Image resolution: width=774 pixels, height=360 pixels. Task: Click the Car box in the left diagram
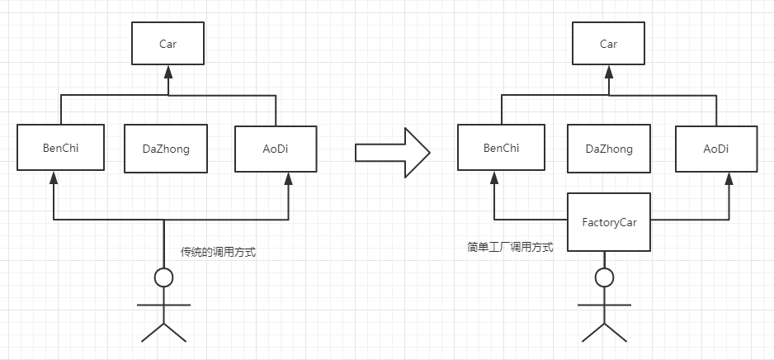(168, 44)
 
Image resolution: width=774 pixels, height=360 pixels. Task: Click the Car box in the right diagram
(608, 44)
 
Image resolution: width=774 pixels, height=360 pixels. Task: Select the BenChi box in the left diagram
(62, 149)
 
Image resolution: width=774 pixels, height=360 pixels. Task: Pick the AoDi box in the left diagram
(276, 149)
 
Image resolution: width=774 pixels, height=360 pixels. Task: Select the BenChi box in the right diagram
(502, 149)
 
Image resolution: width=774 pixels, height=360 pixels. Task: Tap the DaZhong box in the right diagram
(609, 149)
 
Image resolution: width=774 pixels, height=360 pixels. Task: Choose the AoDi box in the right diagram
(716, 149)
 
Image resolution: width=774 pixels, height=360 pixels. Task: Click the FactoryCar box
(608, 220)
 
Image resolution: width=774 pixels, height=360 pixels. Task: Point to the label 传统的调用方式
(218, 253)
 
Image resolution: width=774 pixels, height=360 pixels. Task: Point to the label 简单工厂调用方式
(509, 246)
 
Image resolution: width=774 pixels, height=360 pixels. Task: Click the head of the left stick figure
(164, 277)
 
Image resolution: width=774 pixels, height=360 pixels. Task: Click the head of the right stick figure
(605, 277)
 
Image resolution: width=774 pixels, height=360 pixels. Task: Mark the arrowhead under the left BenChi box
(53, 179)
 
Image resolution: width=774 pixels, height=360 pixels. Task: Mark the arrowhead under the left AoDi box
(287, 179)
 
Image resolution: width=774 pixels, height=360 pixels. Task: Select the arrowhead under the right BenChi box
(493, 179)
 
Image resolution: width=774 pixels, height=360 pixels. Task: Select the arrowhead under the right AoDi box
(728, 179)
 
